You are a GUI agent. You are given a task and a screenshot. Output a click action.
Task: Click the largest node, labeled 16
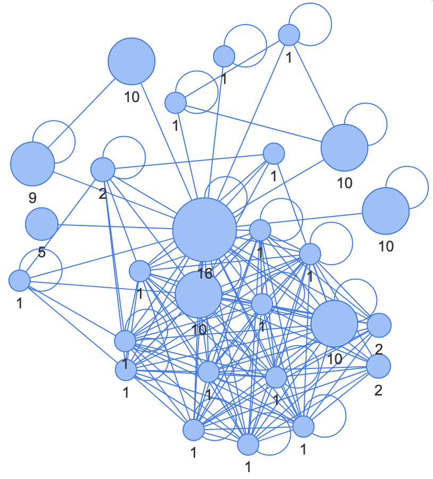[204, 230]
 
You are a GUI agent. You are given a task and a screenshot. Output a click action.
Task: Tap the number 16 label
[205, 274]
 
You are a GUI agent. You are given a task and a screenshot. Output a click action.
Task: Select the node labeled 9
[32, 164]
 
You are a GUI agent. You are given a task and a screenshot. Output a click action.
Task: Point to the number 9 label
[32, 198]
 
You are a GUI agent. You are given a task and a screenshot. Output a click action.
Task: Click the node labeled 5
[41, 224]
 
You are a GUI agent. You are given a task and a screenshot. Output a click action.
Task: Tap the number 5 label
[41, 253]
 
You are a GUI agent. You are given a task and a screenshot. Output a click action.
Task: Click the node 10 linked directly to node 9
[131, 61]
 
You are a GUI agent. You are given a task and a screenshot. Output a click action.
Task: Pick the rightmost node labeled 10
[386, 211]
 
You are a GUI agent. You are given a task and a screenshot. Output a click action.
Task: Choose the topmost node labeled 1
[289, 35]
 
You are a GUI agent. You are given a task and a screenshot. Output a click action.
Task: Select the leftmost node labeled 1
[20, 280]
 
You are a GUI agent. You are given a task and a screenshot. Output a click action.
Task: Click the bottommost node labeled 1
[248, 444]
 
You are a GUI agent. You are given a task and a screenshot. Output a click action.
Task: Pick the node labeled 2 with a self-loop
[103, 170]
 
